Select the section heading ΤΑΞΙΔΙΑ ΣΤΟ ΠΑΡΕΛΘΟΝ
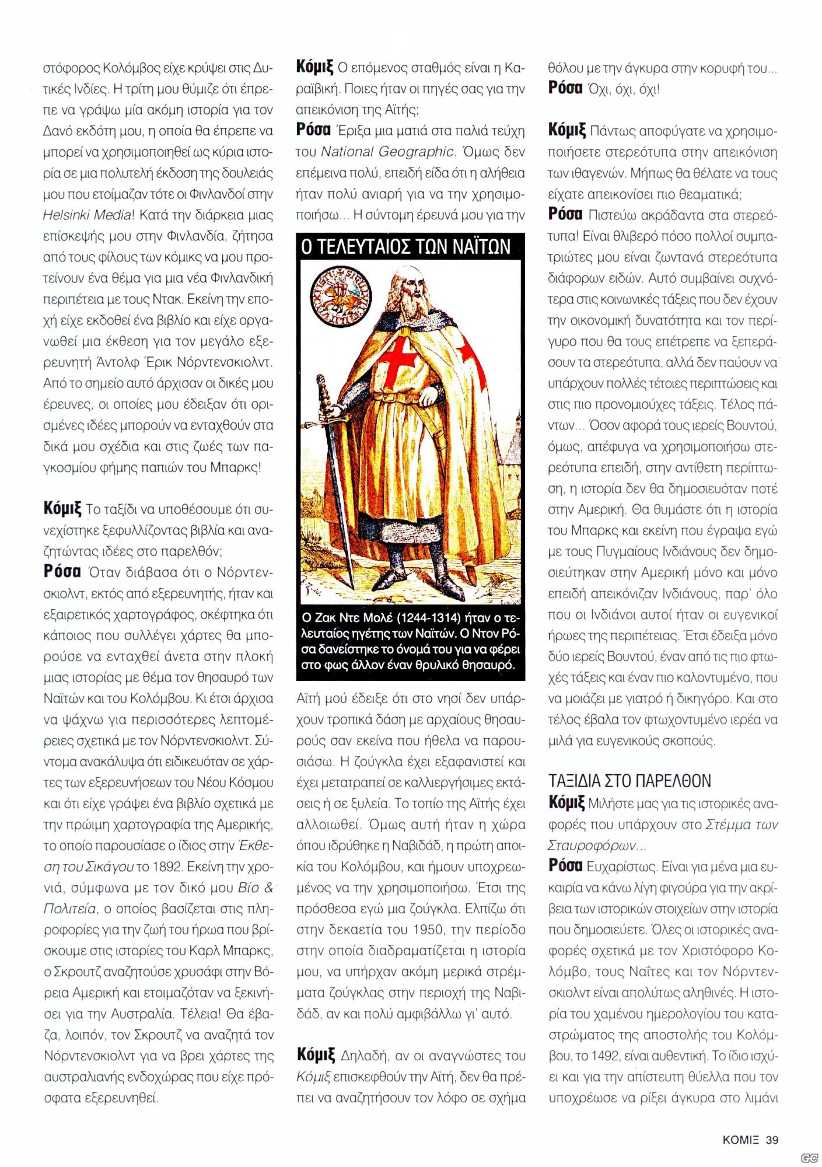pos(630,781)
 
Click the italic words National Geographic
pos(387,152)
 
